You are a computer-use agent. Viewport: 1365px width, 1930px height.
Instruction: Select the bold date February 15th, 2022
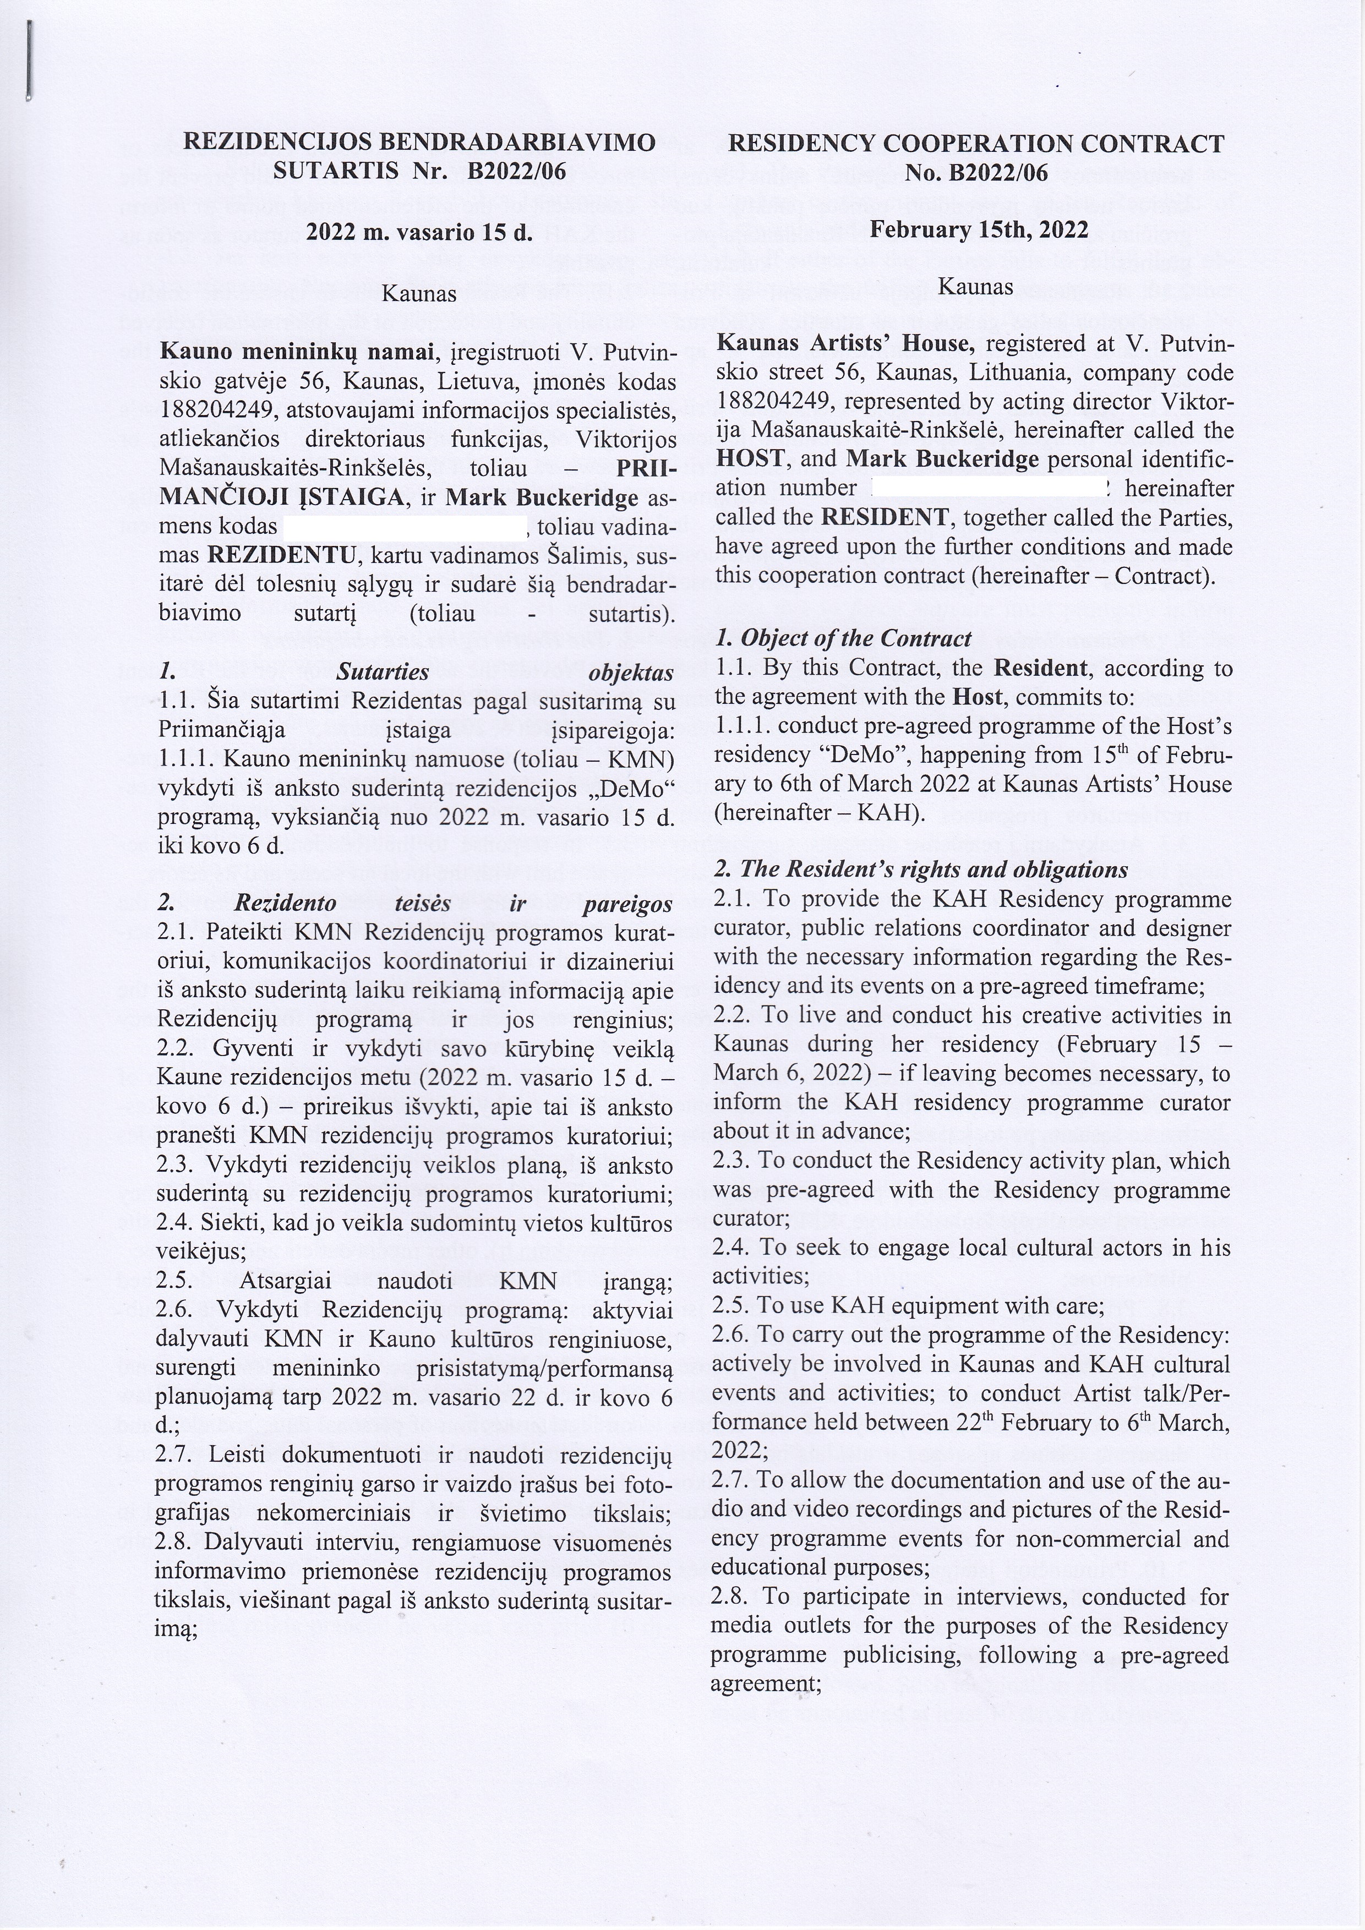979,229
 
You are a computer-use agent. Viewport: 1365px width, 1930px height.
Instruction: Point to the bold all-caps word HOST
752,459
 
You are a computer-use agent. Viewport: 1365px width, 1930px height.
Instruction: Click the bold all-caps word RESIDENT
885,517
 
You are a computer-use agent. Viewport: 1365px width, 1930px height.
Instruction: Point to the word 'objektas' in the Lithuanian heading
631,673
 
